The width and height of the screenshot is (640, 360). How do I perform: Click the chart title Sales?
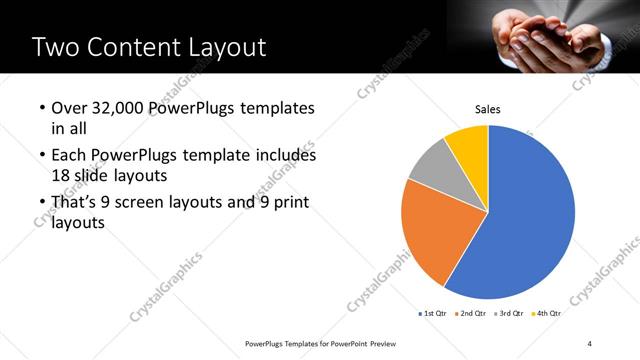pyautogui.click(x=487, y=110)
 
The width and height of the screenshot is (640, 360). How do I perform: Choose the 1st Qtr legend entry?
pyautogui.click(x=432, y=313)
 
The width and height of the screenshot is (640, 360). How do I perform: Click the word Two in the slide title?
pyautogui.click(x=57, y=48)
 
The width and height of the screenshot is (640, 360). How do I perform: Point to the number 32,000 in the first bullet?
pyautogui.click(x=119, y=108)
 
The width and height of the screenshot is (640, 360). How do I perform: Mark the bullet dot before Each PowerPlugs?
pyautogui.click(x=40, y=156)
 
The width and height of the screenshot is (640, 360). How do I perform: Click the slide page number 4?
pyautogui.click(x=589, y=343)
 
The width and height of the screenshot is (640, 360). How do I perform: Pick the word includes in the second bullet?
pyautogui.click(x=286, y=156)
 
